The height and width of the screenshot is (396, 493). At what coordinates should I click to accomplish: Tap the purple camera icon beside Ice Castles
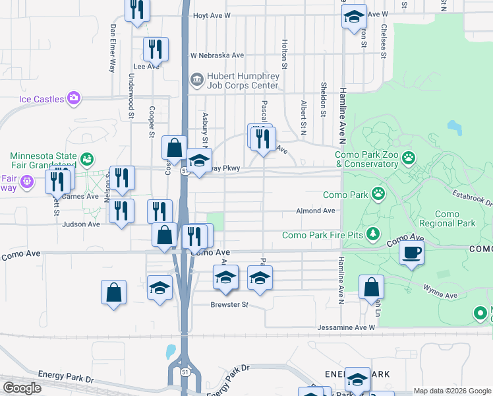tap(73, 98)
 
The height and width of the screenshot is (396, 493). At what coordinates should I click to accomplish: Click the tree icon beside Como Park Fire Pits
tap(373, 234)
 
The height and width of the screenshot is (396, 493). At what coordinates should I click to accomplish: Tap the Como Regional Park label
tap(455, 219)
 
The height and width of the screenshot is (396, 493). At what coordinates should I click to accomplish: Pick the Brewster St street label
tap(229, 305)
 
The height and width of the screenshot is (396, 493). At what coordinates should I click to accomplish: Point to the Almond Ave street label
tap(319, 211)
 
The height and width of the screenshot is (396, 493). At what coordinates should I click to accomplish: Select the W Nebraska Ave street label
tap(217, 55)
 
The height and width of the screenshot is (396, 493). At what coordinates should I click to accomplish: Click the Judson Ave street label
tap(80, 224)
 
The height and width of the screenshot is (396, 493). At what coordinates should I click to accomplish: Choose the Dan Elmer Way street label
tap(113, 48)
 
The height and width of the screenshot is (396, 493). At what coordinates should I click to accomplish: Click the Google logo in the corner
tap(22, 388)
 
